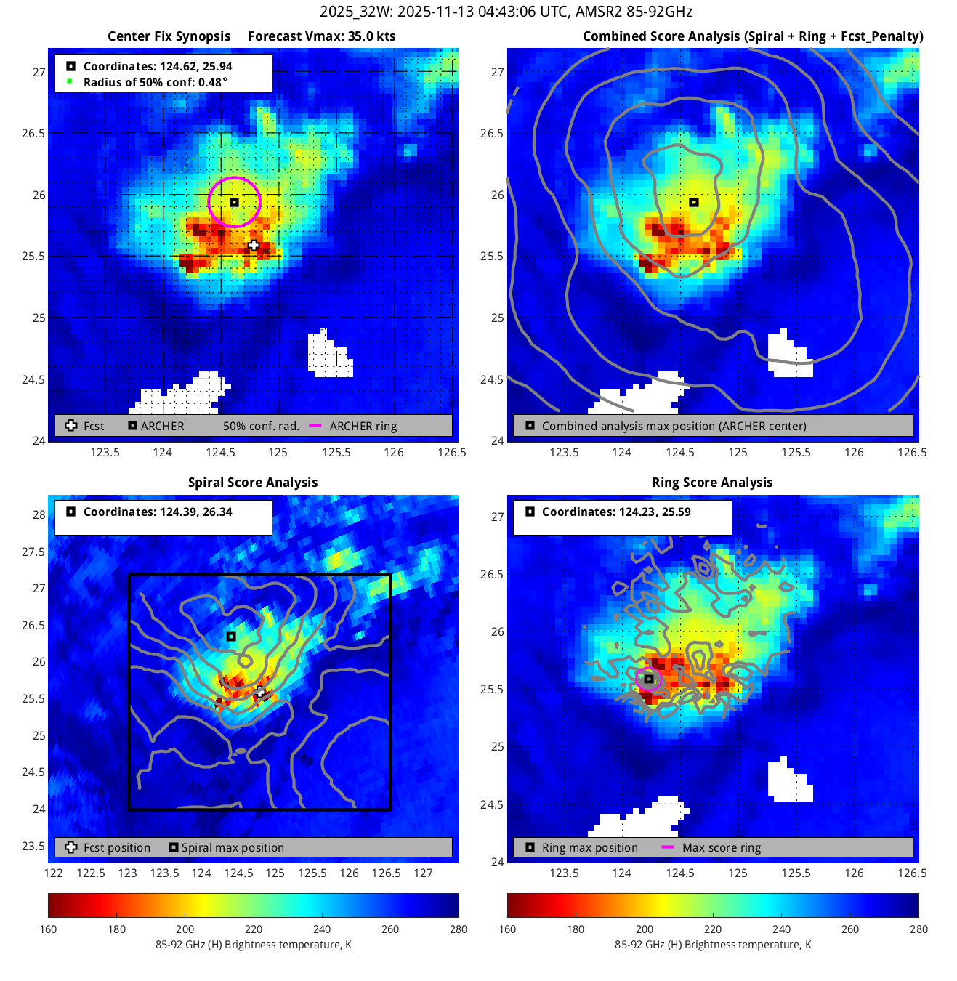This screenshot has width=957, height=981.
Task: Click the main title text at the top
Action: click(x=506, y=12)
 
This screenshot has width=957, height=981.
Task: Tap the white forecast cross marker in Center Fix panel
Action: click(x=254, y=246)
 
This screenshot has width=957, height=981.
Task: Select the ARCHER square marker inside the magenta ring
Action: click(x=234, y=202)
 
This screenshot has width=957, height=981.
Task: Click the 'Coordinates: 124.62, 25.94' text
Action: click(x=158, y=66)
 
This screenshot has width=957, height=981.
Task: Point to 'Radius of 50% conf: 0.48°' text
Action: click(x=155, y=82)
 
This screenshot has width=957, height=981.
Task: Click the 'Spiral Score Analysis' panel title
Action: click(x=253, y=483)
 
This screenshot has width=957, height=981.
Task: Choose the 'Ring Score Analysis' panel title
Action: click(x=712, y=483)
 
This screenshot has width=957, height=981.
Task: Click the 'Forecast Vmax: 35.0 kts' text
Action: click(x=322, y=36)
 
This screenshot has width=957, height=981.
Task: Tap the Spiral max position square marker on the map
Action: click(x=231, y=637)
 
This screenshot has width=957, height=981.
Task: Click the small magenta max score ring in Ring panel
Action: click(x=649, y=679)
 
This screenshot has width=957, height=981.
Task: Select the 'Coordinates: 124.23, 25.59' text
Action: click(x=616, y=512)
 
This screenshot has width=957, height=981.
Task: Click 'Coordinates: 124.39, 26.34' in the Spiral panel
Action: click(x=158, y=512)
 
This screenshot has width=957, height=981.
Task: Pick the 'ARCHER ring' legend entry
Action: click(x=363, y=426)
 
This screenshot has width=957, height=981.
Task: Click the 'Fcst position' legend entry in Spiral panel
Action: click(x=117, y=847)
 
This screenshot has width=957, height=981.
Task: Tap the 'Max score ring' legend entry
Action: click(x=722, y=847)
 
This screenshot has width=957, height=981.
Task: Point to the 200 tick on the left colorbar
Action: click(x=185, y=929)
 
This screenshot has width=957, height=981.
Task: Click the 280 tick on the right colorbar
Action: click(x=918, y=929)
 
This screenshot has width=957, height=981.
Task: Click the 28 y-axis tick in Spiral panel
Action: click(x=39, y=514)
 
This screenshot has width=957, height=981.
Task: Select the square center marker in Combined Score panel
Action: click(x=694, y=202)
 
